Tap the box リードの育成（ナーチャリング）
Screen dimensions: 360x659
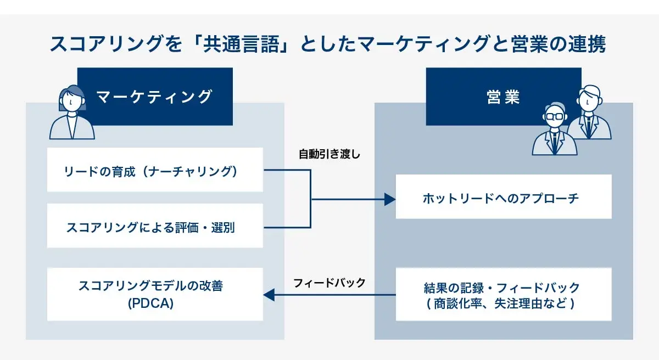click(155, 170)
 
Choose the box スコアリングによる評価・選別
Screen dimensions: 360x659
click(155, 226)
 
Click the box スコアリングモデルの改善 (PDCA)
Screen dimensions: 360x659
click(155, 294)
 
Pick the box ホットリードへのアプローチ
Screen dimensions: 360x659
click(503, 196)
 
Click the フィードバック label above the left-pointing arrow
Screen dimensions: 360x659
click(329, 283)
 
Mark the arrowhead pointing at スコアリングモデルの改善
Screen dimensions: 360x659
click(269, 295)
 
